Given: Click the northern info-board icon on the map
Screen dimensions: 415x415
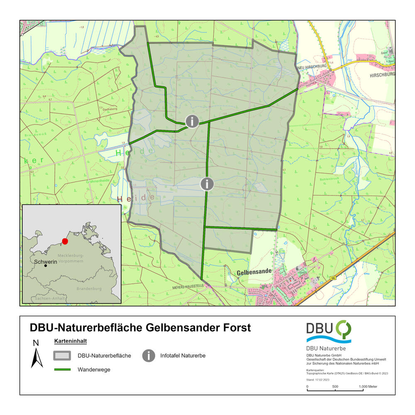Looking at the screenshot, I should (x=192, y=121).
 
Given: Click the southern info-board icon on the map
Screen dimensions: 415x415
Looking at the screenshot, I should (x=207, y=183).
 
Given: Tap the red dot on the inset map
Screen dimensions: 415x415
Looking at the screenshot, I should (x=65, y=241).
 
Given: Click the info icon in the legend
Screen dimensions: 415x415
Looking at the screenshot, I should (x=149, y=356).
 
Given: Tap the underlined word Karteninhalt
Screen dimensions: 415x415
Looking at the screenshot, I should (x=70, y=341).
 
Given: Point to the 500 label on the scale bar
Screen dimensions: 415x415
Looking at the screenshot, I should (x=335, y=386).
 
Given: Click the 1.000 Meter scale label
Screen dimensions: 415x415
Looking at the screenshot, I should (x=368, y=386).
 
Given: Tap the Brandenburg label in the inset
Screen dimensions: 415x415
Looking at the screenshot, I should (x=89, y=288).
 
